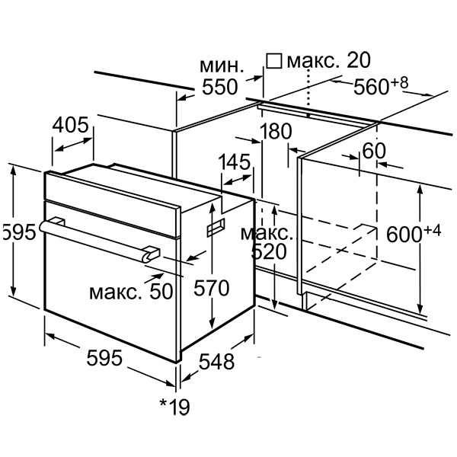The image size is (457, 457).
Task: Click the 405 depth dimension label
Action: point(73,124)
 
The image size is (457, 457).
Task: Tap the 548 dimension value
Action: point(216,363)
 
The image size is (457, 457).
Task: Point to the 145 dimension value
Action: point(235,162)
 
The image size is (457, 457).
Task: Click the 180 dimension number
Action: point(275,132)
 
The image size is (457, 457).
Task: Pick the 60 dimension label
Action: point(374,152)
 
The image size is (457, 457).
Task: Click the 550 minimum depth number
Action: point(218,88)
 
